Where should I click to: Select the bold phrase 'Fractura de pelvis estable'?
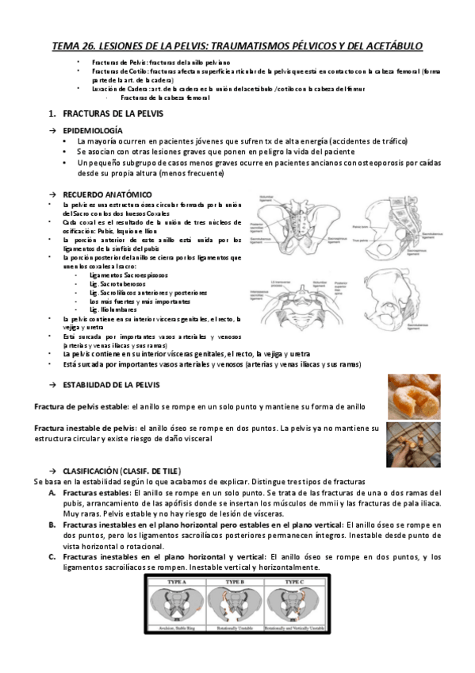[80, 406]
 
